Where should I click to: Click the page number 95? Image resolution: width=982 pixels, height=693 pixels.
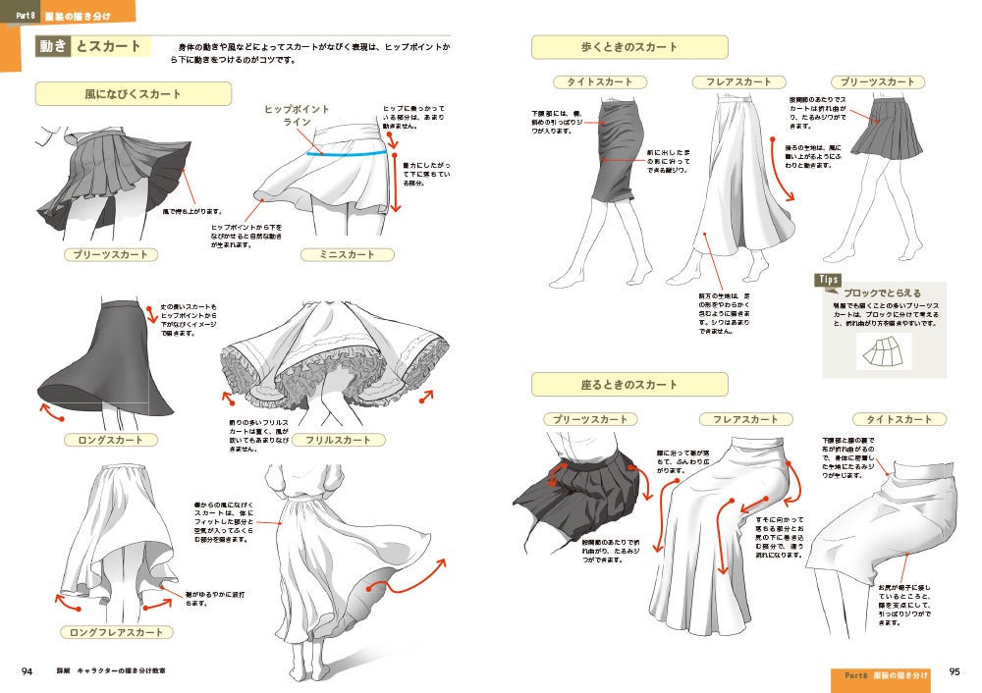(955, 673)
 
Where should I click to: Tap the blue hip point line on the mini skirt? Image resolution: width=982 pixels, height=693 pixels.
(343, 154)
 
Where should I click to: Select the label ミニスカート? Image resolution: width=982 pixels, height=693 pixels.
(347, 255)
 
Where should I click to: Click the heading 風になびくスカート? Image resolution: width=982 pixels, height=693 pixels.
(133, 94)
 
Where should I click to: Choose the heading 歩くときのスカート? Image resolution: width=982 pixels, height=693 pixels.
(629, 48)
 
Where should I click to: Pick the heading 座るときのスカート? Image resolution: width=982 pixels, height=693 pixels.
(629, 385)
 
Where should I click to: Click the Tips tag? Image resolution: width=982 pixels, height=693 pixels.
(828, 280)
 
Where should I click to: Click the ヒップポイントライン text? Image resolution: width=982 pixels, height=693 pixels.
(298, 116)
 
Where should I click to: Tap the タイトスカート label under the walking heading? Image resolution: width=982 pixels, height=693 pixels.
(600, 82)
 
